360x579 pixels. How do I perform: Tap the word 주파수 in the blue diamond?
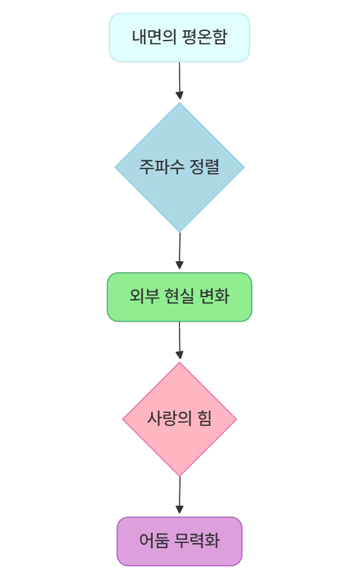[x=161, y=167]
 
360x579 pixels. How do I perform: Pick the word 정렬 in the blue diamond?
[x=204, y=167]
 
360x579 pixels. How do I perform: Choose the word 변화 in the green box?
[x=215, y=296]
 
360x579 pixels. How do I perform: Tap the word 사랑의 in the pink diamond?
[x=169, y=419]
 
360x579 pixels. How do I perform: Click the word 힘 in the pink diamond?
[x=204, y=419]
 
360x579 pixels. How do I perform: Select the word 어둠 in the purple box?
[x=154, y=540]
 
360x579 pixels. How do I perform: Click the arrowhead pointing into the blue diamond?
[x=179, y=96]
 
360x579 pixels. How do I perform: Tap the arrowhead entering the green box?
[x=179, y=265]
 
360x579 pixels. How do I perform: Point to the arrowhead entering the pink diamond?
[x=179, y=355]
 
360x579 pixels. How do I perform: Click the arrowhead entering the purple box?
[x=179, y=510]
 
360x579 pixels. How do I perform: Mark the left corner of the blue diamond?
[x=115, y=167]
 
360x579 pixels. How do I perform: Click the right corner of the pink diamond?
[x=237, y=419]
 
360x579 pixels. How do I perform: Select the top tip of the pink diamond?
[x=179, y=362]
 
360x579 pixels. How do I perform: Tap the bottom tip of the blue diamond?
[x=179, y=232]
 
